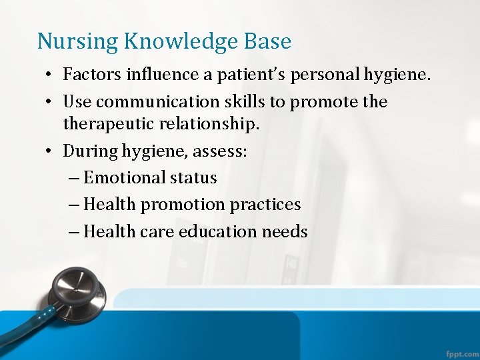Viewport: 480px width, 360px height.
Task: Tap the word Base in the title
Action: pyautogui.click(x=268, y=41)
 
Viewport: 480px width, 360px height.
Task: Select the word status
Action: pyautogui.click(x=193, y=178)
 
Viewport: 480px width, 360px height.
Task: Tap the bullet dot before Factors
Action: pyautogui.click(x=50, y=75)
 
